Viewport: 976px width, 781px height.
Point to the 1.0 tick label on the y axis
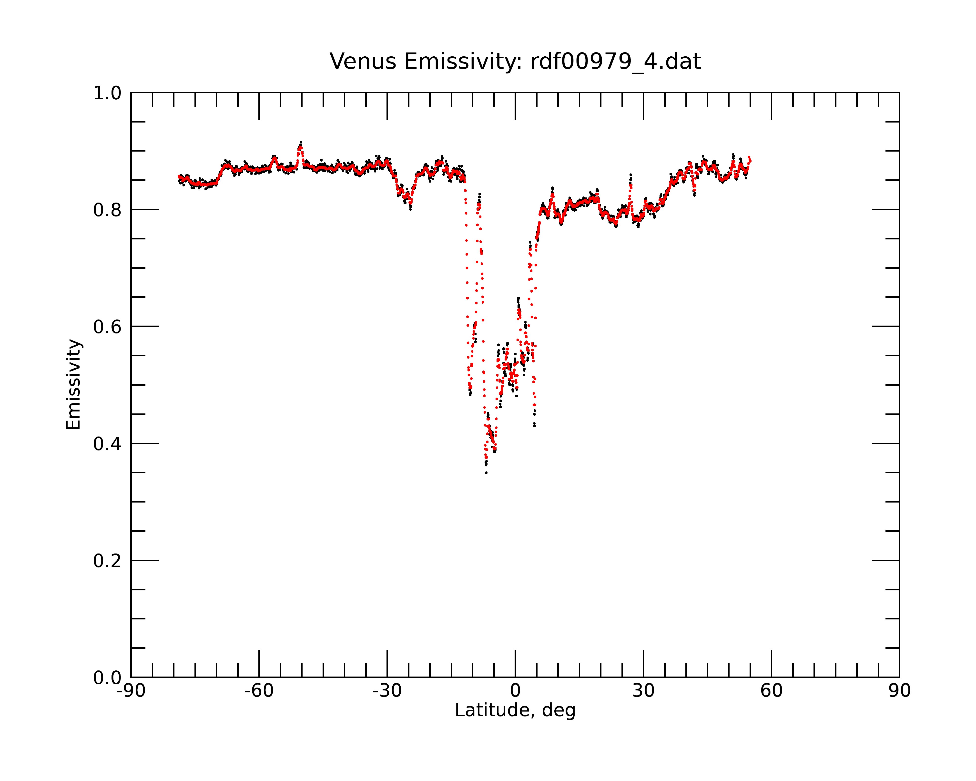(107, 93)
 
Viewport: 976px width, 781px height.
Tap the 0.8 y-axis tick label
(107, 210)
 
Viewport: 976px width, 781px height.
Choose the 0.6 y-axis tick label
(107, 327)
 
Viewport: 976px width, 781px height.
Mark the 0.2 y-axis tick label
(107, 561)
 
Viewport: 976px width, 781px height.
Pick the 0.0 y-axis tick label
(107, 678)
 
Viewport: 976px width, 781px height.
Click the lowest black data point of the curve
(486, 473)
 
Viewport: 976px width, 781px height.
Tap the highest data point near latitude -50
(301, 142)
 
